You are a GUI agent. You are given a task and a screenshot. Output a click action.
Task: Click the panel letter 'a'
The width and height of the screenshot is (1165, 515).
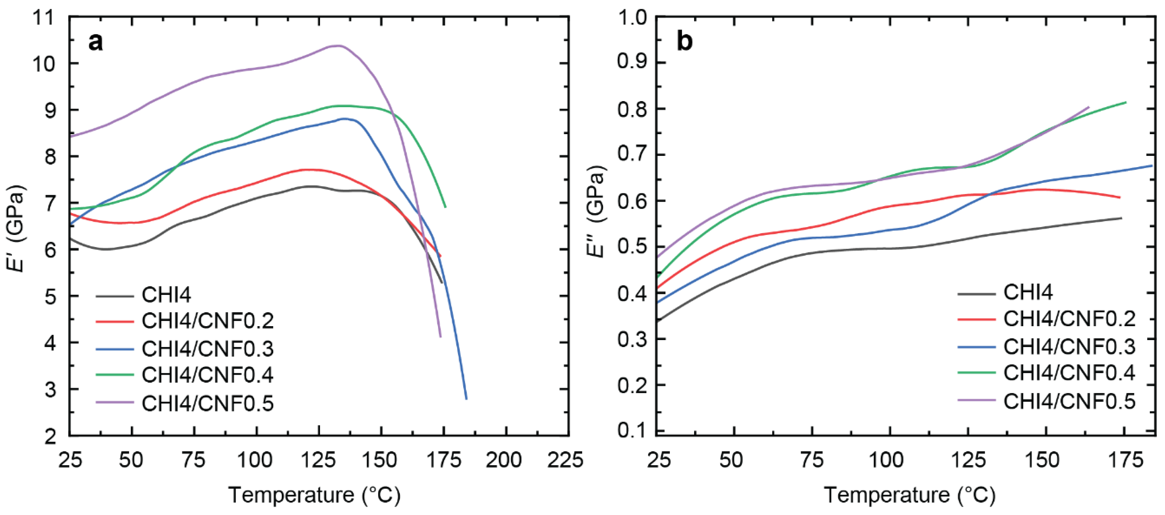[95, 42]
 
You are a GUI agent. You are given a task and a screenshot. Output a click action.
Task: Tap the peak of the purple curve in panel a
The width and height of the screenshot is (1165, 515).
[337, 45]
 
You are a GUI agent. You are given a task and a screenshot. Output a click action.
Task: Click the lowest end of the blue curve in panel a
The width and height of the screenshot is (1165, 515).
[466, 399]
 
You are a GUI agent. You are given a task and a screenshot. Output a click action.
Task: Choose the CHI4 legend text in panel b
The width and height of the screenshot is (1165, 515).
[1027, 292]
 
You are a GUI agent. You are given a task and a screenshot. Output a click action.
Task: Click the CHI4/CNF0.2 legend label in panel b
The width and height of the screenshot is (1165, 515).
[1069, 319]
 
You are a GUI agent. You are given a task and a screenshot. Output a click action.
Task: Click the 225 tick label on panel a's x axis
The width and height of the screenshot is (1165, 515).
[565, 461]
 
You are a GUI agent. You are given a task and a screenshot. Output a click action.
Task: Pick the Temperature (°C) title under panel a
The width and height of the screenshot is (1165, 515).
[315, 495]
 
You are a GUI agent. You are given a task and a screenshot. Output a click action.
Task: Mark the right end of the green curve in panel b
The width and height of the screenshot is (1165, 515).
[1126, 102]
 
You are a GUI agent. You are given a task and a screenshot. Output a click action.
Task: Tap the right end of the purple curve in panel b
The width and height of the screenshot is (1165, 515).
[1089, 107]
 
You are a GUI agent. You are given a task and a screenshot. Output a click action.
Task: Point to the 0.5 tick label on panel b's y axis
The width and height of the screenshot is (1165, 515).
[632, 247]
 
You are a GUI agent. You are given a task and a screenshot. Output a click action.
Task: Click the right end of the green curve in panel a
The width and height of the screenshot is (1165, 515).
[446, 207]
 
